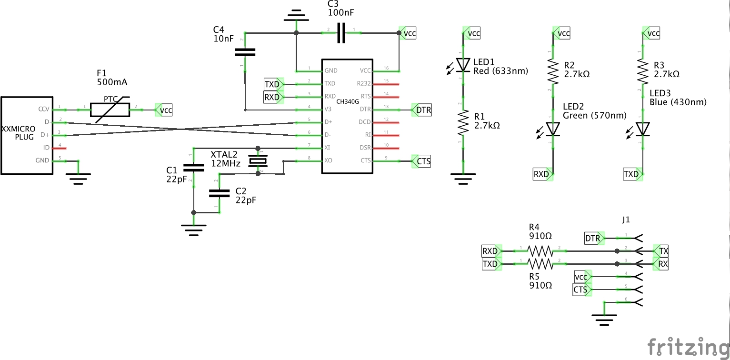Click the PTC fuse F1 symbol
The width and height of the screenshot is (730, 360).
click(x=110, y=110)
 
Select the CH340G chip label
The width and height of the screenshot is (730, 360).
click(x=348, y=101)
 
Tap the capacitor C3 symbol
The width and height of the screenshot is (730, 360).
click(x=340, y=33)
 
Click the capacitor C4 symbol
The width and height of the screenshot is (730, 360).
click(x=245, y=52)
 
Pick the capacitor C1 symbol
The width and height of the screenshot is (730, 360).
click(x=193, y=167)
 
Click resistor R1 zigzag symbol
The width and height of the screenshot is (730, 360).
click(x=463, y=124)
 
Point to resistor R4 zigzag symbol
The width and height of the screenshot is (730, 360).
click(x=540, y=250)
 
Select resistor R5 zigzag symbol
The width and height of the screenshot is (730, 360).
click(x=540, y=263)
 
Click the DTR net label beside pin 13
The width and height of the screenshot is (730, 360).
click(x=423, y=110)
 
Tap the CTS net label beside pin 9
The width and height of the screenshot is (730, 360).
click(x=423, y=161)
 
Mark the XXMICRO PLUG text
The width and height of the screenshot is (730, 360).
click(x=18, y=133)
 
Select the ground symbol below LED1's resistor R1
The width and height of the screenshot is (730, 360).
click(x=463, y=179)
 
